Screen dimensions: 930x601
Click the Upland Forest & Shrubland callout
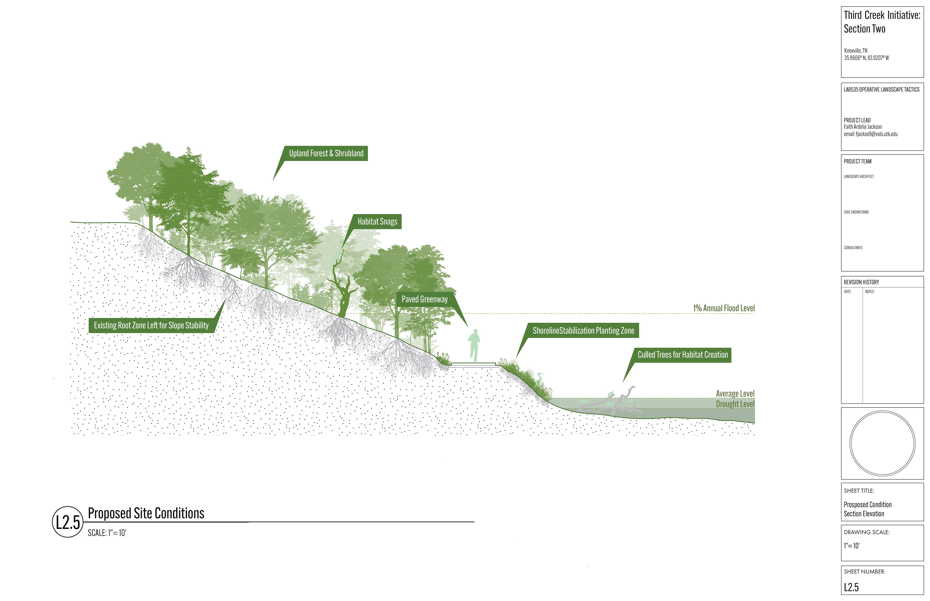[326, 153]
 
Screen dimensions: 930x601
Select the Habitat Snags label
[377, 222]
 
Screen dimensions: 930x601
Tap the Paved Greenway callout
[424, 299]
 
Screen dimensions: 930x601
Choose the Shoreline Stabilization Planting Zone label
[583, 331]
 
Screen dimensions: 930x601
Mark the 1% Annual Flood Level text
[724, 308]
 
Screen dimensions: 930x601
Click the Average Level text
[735, 393]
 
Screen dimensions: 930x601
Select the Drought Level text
[735, 404]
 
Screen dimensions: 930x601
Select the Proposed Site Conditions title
[146, 513]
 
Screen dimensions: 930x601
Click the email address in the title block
[871, 134]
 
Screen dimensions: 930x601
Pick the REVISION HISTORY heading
[861, 282]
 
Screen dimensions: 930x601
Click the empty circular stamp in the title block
[882, 443]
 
